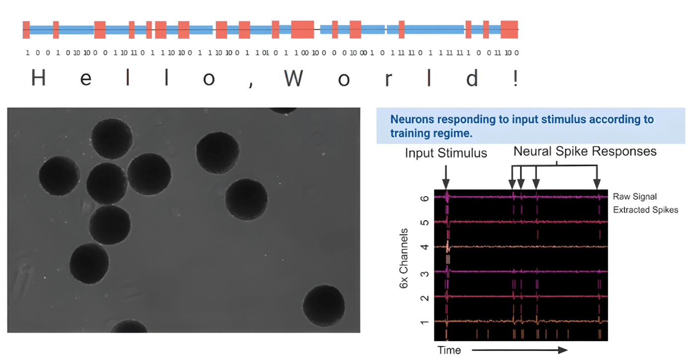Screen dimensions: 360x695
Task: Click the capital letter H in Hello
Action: tap(39, 78)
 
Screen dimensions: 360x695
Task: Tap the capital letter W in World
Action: tap(294, 78)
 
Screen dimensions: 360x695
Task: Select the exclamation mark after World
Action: tap(516, 78)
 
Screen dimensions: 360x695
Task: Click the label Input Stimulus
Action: tap(446, 153)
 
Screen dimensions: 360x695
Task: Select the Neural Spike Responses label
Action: tap(585, 150)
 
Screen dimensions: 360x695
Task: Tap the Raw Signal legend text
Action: tap(634, 197)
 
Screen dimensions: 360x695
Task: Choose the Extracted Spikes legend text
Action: tap(645, 210)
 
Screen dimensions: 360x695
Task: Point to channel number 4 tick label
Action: tap(423, 247)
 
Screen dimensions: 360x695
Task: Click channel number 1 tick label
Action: tap(423, 322)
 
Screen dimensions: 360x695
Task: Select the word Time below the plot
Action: tap(449, 350)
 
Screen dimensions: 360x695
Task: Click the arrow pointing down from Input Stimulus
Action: tap(446, 176)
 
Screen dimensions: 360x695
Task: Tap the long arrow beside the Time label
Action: tap(519, 350)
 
